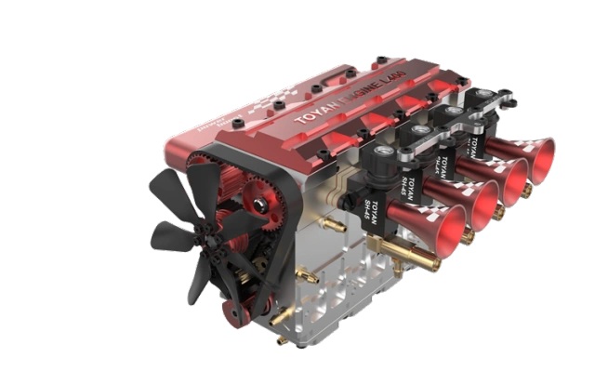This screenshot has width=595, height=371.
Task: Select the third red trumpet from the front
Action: pyautogui.click(x=514, y=174)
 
